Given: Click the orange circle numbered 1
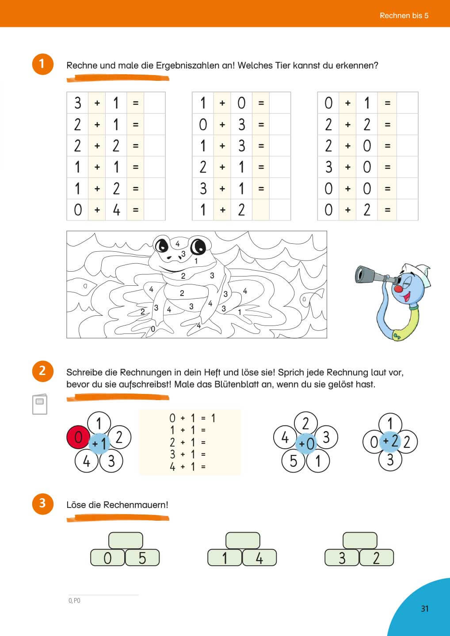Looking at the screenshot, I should point(42,64).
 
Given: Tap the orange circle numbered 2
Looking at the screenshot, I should point(42,371).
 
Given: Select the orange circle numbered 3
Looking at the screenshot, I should point(42,503).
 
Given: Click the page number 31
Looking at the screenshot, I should point(424,609).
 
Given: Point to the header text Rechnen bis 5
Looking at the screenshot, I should point(404,15).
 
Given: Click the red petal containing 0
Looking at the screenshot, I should point(78,437).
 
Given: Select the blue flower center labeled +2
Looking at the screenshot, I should point(390,440).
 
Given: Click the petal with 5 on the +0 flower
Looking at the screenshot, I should point(294,461).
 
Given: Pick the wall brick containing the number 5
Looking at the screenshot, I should point(142,558).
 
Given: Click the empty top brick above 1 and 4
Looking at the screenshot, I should point(243,540).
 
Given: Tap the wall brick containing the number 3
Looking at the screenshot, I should point(342,558).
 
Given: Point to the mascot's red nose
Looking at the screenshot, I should point(399,289).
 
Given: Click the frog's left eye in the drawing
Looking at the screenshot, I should point(162,244).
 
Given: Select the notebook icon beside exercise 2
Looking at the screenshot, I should point(40,404).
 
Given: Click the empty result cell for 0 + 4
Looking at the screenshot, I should point(154,210).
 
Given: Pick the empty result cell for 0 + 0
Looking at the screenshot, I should point(407,189).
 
